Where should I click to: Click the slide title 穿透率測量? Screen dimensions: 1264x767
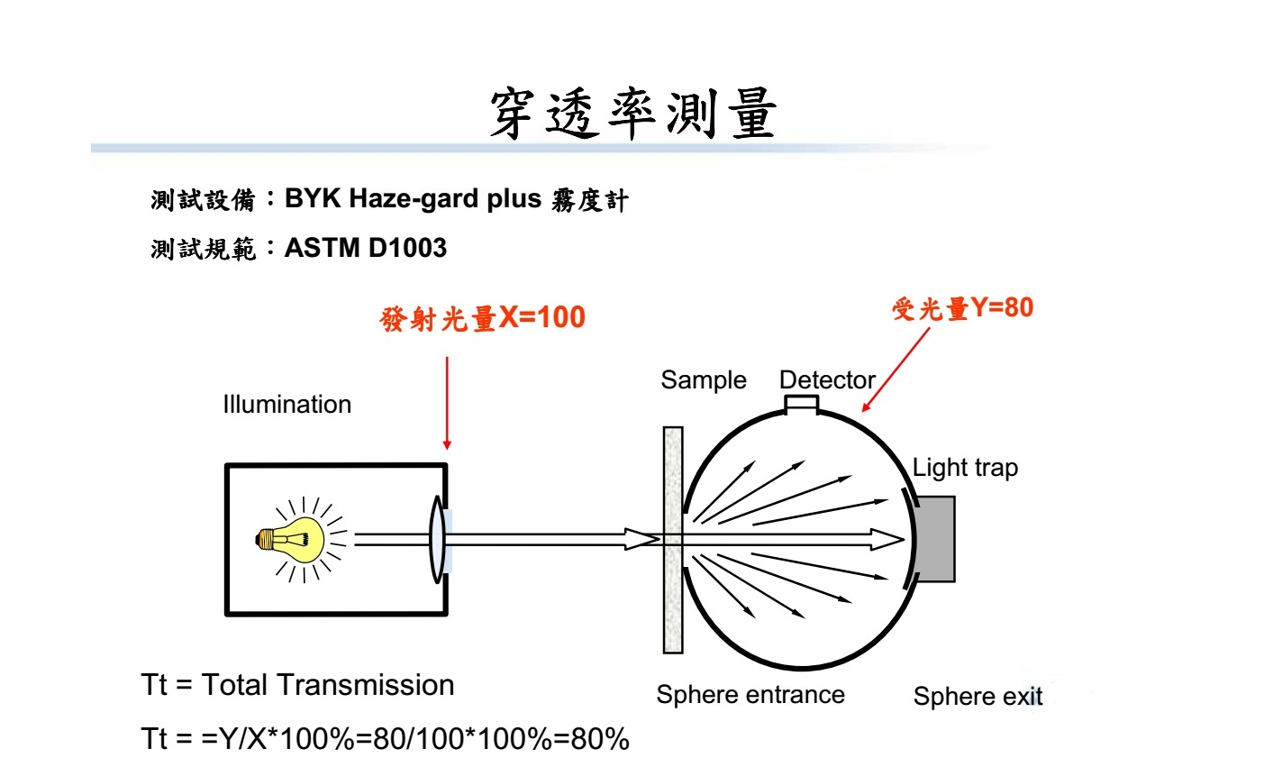(633, 113)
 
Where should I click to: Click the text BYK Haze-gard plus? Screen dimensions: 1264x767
(413, 199)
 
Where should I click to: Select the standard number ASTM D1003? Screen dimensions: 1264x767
(366, 248)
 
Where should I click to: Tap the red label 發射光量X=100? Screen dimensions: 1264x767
(483, 318)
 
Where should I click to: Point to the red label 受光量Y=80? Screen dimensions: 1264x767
(963, 308)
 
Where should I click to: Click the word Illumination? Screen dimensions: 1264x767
(287, 404)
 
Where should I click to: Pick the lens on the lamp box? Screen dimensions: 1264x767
(437, 539)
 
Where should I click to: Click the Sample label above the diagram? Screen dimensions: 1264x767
(704, 380)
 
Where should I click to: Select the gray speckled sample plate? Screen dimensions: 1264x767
(673, 540)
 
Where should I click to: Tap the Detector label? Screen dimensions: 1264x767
(827, 379)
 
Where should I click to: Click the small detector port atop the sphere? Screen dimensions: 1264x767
(801, 405)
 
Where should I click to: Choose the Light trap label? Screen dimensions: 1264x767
(966, 468)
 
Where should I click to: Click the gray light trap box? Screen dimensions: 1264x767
(935, 539)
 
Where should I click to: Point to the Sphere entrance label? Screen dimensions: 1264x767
(750, 695)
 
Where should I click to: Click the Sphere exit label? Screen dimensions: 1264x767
(978, 696)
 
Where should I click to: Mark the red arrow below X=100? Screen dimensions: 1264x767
(447, 403)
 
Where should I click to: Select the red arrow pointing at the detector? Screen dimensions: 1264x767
(896, 370)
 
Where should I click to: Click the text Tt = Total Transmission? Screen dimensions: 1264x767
(297, 685)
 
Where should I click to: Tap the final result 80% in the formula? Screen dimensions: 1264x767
(600, 739)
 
